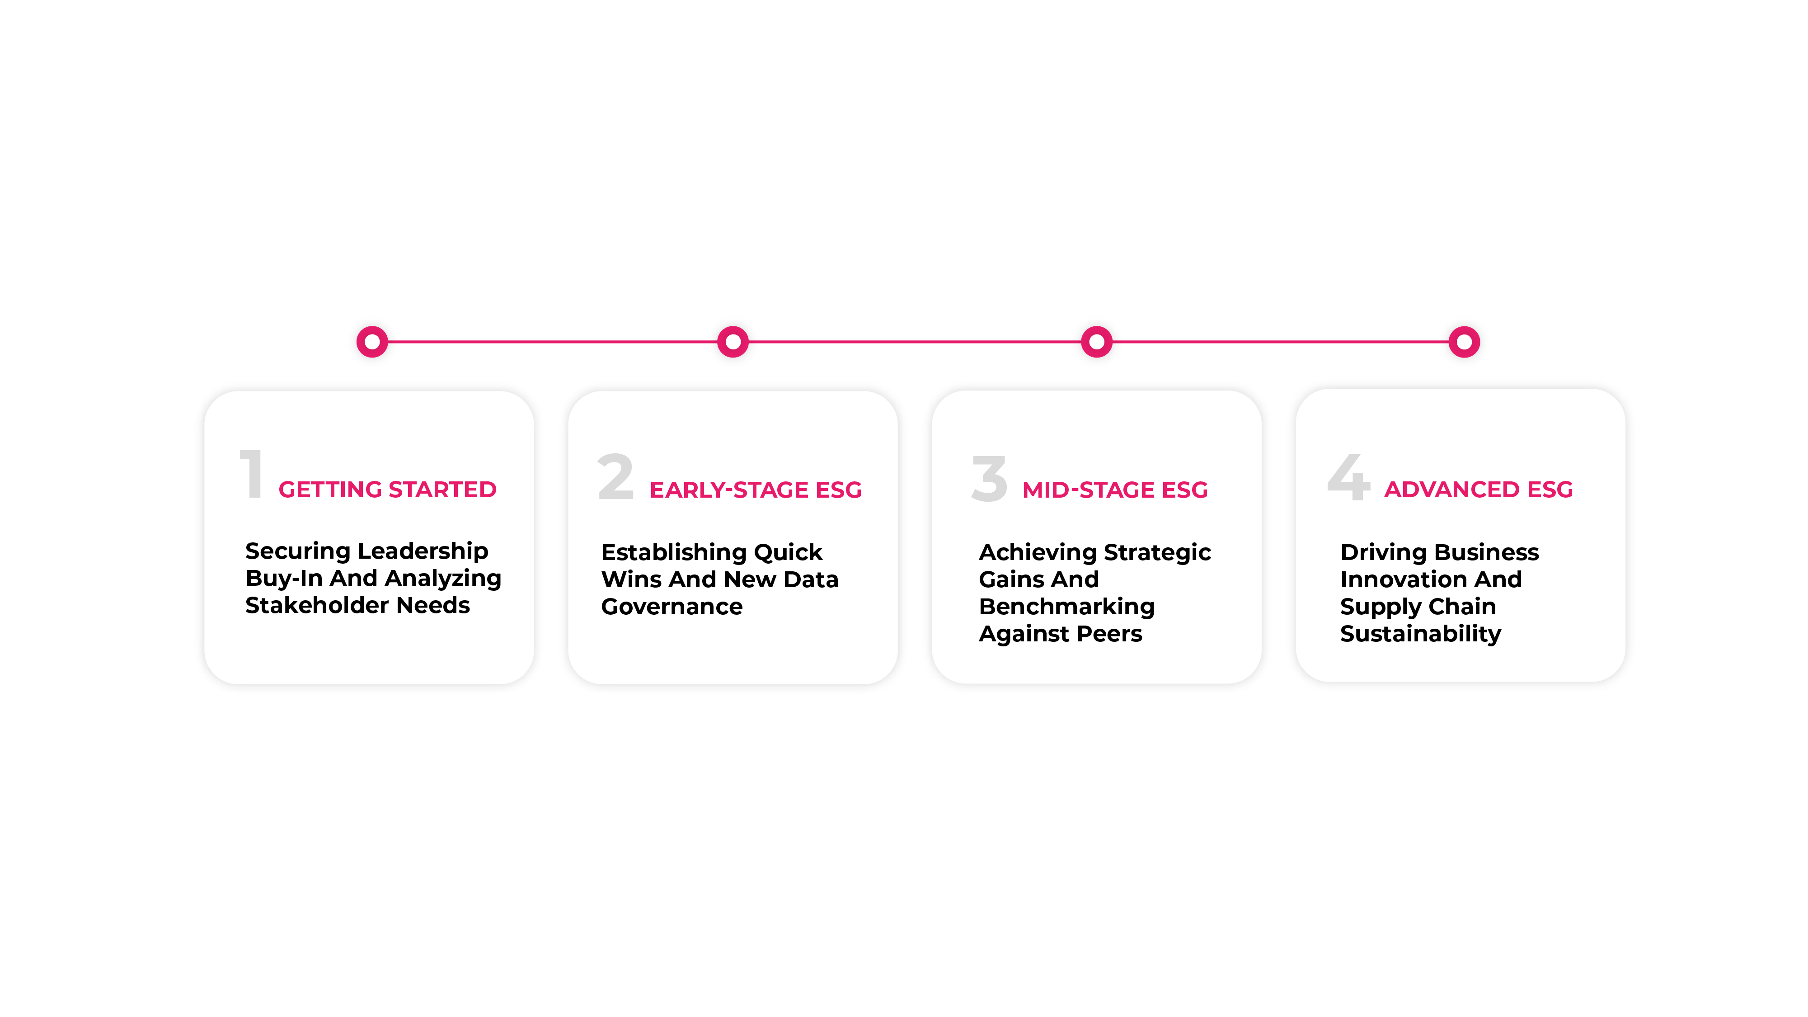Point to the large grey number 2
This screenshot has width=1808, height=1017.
tap(615, 476)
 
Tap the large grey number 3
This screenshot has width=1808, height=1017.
tap(990, 478)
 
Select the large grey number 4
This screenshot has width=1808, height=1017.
tap(1348, 477)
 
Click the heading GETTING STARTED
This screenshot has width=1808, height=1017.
tap(387, 489)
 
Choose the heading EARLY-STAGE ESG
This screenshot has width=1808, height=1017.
tap(756, 490)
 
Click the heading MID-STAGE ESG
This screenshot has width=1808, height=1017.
tap(1115, 490)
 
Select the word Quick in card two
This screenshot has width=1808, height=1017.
tap(788, 552)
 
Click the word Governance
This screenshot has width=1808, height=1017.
tap(672, 607)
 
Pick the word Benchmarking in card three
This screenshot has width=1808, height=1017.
tap(1067, 607)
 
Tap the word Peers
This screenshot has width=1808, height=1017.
tap(1110, 634)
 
